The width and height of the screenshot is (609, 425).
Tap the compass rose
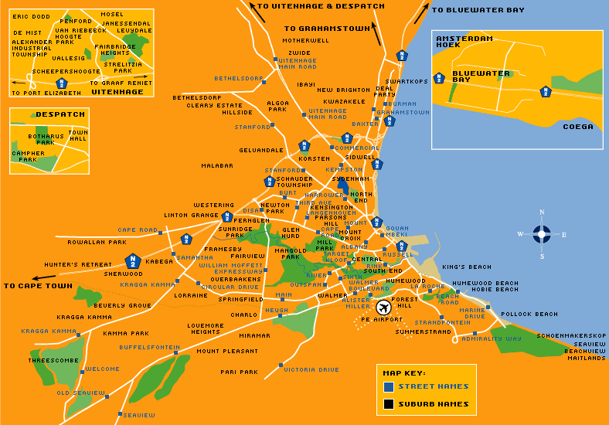point(542,234)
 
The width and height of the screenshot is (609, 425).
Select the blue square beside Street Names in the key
point(388,386)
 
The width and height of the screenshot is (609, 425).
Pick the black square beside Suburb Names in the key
point(388,403)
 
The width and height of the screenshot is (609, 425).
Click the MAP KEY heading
point(403,372)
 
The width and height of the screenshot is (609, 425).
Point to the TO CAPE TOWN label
point(37,285)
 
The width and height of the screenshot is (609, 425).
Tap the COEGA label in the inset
point(577,127)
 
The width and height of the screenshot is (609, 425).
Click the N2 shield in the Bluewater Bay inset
point(546,91)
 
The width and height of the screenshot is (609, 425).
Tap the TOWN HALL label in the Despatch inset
point(78,136)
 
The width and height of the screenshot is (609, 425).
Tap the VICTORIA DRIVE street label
point(311,369)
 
